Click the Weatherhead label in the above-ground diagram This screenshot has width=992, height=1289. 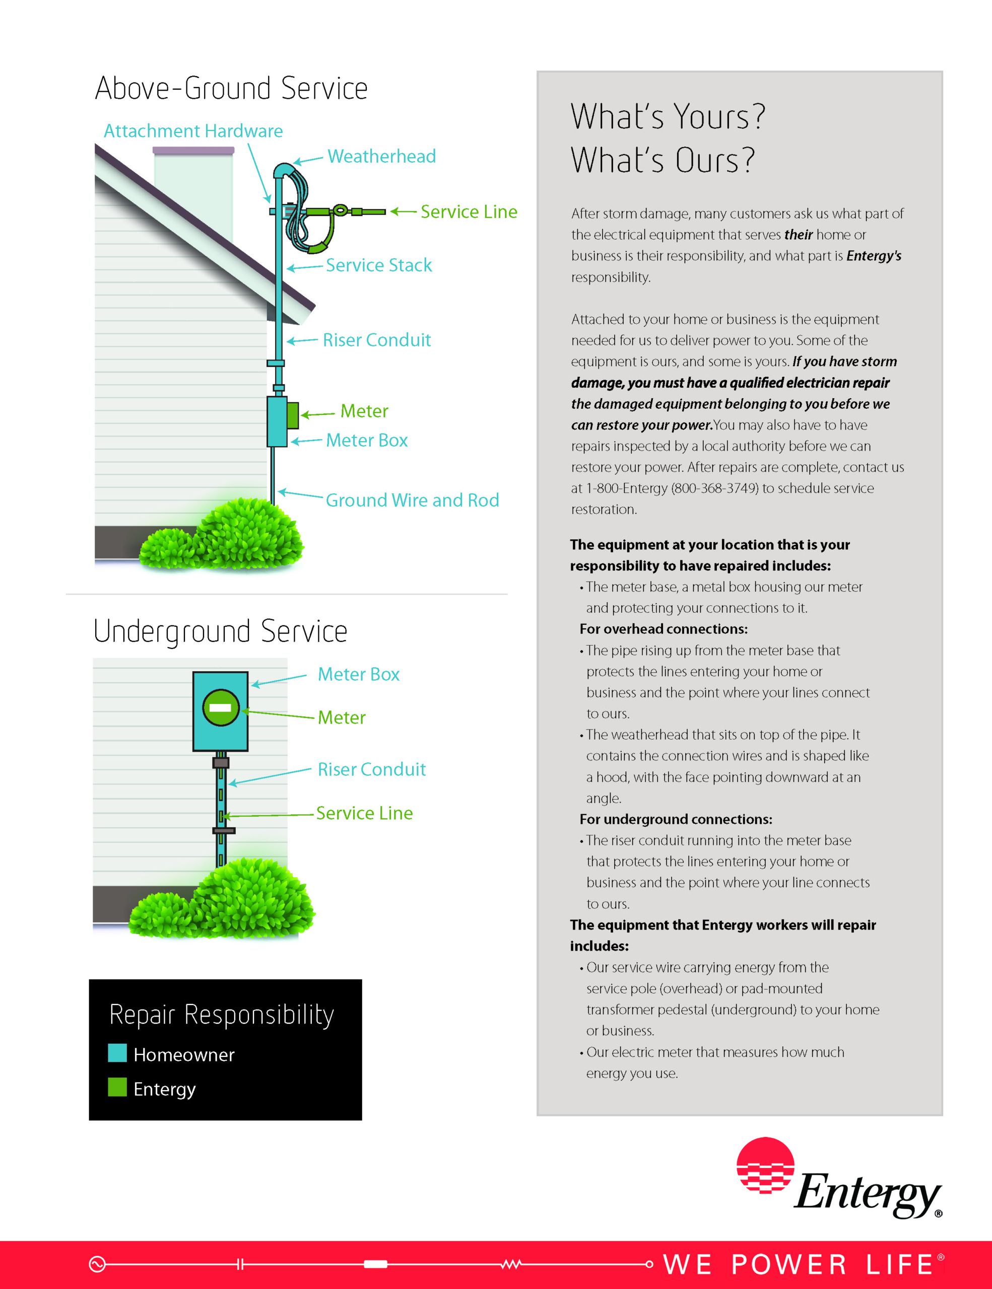(x=381, y=157)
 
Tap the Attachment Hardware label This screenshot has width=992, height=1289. (x=193, y=131)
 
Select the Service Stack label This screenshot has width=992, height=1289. (x=378, y=265)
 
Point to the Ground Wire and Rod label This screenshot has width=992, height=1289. (x=412, y=500)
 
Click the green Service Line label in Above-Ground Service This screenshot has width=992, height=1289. (x=469, y=212)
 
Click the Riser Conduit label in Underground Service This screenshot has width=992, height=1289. (x=371, y=769)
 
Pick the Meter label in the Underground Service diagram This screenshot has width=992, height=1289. (x=341, y=718)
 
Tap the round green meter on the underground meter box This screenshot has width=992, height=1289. (x=221, y=707)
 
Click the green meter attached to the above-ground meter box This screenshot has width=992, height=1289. (x=293, y=415)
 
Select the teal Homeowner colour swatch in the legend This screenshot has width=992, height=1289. (x=117, y=1053)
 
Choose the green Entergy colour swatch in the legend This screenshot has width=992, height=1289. (x=117, y=1088)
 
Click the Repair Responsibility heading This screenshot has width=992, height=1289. (x=222, y=1015)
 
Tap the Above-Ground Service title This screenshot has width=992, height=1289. (x=231, y=89)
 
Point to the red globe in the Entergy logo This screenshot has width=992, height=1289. (x=765, y=1165)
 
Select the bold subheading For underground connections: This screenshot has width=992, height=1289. (x=676, y=819)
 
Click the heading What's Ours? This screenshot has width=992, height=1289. (x=663, y=161)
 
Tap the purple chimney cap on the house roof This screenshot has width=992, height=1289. (x=193, y=151)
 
